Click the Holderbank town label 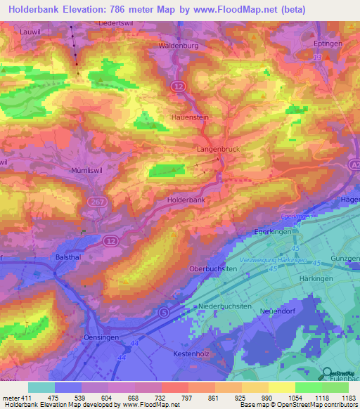click(186, 200)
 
